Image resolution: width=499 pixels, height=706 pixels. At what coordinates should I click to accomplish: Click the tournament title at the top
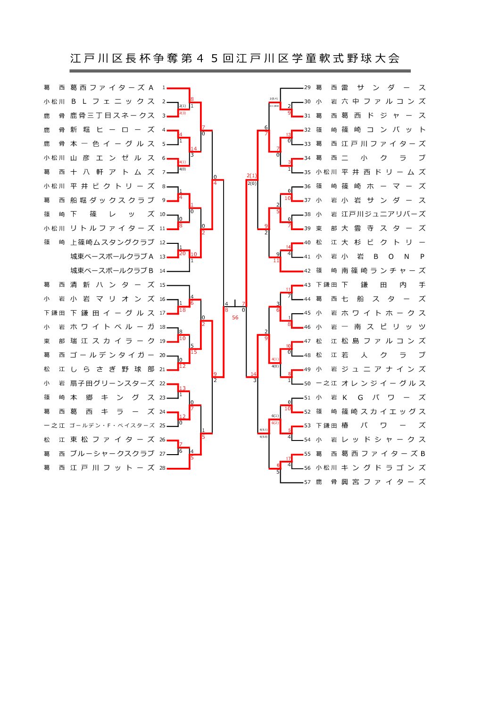click(x=235, y=58)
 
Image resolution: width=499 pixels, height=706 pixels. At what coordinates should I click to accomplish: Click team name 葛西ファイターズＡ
click(x=112, y=88)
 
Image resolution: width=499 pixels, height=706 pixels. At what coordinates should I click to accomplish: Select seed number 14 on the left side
click(x=162, y=271)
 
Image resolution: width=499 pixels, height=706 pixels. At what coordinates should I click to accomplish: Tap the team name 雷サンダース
click(x=383, y=88)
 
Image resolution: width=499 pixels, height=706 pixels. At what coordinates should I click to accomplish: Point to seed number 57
click(x=308, y=482)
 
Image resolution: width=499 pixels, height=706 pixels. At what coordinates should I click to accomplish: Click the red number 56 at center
click(x=235, y=317)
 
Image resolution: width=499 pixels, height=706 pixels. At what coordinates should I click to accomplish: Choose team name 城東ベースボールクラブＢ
click(x=112, y=271)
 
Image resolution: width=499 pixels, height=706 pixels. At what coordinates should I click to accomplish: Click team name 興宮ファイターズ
click(x=383, y=482)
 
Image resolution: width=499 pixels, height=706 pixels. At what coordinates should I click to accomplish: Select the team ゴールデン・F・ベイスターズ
click(x=112, y=425)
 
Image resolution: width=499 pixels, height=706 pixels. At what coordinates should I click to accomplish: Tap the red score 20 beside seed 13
click(x=182, y=254)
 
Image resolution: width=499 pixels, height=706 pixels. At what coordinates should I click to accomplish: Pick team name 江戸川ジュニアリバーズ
click(x=383, y=214)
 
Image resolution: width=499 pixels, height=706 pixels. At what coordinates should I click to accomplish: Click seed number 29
click(x=308, y=88)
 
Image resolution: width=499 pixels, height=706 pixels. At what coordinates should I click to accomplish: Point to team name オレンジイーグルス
click(x=383, y=383)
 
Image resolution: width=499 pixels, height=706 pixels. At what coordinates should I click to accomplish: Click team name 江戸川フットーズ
click(x=112, y=468)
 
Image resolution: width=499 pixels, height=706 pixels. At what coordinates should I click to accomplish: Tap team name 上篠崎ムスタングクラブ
click(x=112, y=242)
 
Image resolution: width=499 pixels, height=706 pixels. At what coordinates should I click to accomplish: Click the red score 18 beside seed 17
click(x=182, y=310)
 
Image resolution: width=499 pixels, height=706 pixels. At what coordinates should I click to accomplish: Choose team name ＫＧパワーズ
click(x=383, y=398)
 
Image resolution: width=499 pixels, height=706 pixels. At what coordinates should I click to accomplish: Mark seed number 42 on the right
click(x=308, y=271)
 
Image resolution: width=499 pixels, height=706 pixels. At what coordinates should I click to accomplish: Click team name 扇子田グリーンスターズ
click(x=112, y=383)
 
